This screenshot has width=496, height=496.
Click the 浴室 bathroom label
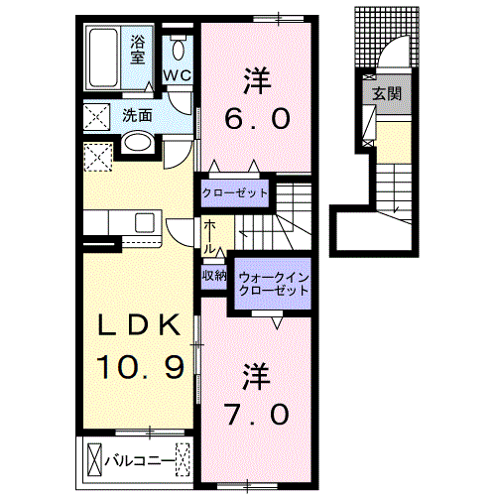coord(138,50)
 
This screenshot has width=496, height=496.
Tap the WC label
coord(179,75)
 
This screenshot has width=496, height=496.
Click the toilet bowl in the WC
coord(180,48)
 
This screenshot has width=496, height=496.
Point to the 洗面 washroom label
coord(137,115)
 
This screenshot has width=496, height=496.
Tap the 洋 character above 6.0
coord(257,76)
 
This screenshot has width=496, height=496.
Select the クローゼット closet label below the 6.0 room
coord(235,192)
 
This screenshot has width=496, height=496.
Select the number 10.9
coord(140,368)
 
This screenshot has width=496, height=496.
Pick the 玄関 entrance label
coord(385,94)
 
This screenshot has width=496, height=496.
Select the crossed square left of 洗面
coord(98,116)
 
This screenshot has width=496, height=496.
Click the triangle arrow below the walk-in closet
coord(279,321)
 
